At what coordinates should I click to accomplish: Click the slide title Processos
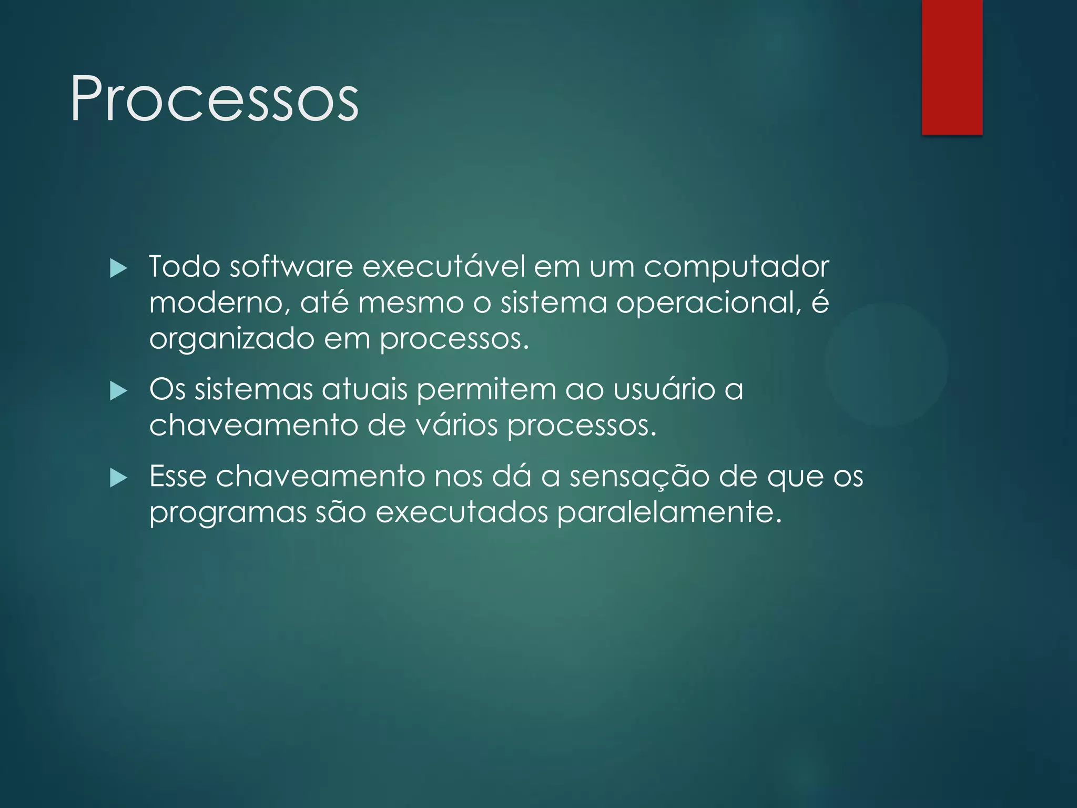(214, 99)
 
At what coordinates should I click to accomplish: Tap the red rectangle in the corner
(952, 67)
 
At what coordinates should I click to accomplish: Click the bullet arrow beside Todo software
(119, 269)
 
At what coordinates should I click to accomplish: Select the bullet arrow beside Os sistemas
(119, 392)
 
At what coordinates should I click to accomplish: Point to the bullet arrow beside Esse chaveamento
(119, 479)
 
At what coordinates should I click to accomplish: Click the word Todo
(184, 267)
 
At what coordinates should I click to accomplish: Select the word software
(291, 267)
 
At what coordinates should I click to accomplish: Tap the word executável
(444, 267)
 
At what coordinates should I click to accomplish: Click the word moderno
(219, 303)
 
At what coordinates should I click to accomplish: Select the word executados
(462, 512)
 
